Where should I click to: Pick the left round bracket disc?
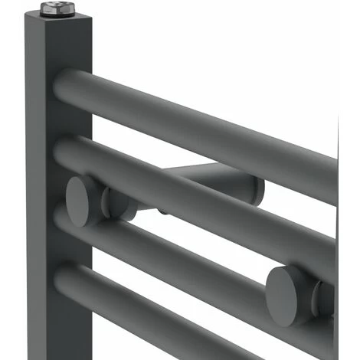(x=82, y=201)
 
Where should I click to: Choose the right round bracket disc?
(x=287, y=292)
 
